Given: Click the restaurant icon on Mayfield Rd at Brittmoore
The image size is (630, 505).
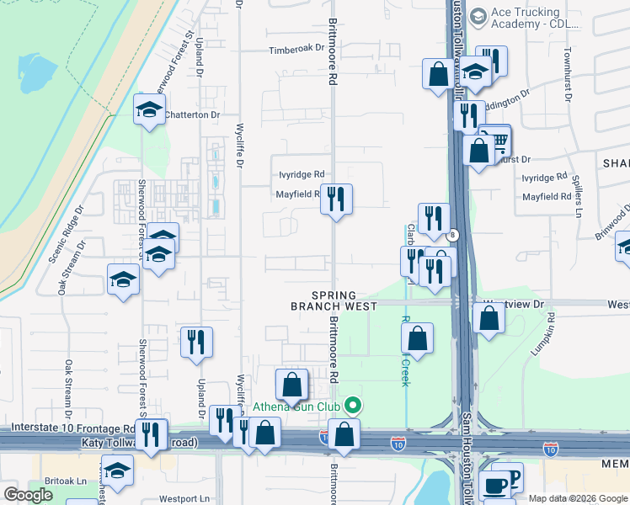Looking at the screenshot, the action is (336, 199).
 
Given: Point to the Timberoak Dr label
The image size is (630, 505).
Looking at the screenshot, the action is (296, 50).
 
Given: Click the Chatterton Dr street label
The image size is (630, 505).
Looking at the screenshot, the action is (191, 114).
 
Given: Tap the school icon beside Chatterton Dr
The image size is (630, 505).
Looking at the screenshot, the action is (150, 111).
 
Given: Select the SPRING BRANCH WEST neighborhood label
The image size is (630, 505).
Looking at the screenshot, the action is (334, 301).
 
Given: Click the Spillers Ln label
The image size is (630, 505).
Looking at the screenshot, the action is (577, 194).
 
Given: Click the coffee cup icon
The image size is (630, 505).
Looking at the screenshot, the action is (494, 485).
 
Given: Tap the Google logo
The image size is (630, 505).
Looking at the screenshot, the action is (28, 495).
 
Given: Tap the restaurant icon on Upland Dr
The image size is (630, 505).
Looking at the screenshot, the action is (196, 342).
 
